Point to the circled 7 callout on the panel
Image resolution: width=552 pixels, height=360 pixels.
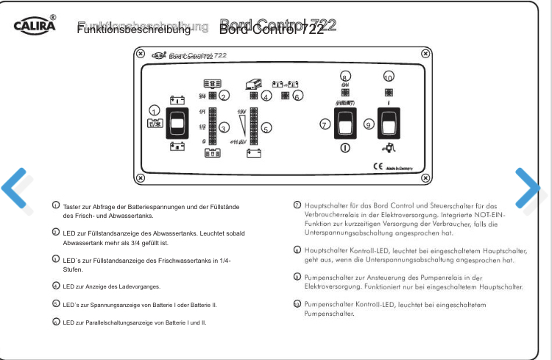(x=324, y=124)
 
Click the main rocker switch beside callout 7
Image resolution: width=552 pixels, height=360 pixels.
(x=344, y=124)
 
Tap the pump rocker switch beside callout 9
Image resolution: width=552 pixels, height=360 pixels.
(x=389, y=124)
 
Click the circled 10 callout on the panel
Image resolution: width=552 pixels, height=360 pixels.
(x=388, y=76)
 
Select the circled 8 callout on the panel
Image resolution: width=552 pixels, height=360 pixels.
(x=345, y=76)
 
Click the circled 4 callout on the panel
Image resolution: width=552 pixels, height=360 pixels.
(x=266, y=95)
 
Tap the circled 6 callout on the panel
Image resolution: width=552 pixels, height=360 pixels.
(x=297, y=95)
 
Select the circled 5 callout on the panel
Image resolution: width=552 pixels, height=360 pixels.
(x=266, y=127)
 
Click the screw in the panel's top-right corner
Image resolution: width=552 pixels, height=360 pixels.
(x=425, y=54)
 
